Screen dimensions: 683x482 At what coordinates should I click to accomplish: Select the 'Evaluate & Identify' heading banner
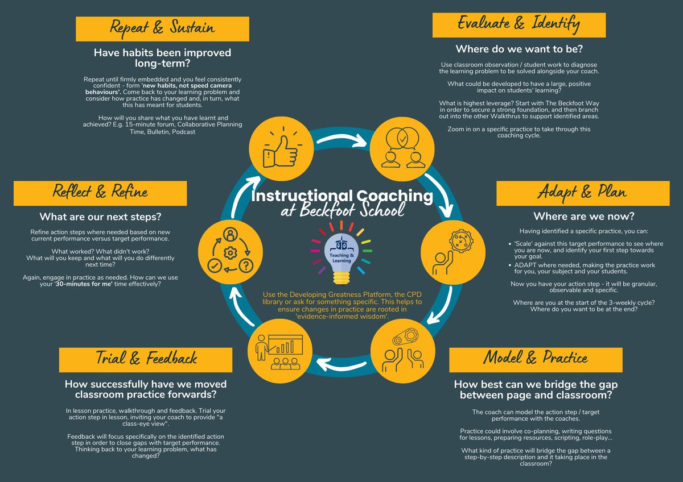coord(519,24)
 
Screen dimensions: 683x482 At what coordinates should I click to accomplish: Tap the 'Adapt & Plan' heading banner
coord(582,192)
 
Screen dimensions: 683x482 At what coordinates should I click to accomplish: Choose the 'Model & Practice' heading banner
coord(535,358)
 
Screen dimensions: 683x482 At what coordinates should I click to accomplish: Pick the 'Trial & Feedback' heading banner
coord(146,358)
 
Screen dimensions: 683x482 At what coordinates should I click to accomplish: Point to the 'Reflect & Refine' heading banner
coord(100,192)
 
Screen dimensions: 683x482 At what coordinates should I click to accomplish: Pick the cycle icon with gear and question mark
coord(228,250)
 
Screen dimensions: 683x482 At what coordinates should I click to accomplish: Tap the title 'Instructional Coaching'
coord(341,196)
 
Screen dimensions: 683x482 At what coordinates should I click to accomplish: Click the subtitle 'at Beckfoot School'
coord(342,210)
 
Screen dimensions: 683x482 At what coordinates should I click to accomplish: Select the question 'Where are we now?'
coord(583,217)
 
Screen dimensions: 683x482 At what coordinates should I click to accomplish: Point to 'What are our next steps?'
coord(100,217)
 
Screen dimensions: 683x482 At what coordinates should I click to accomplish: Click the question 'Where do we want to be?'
coord(518,49)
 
